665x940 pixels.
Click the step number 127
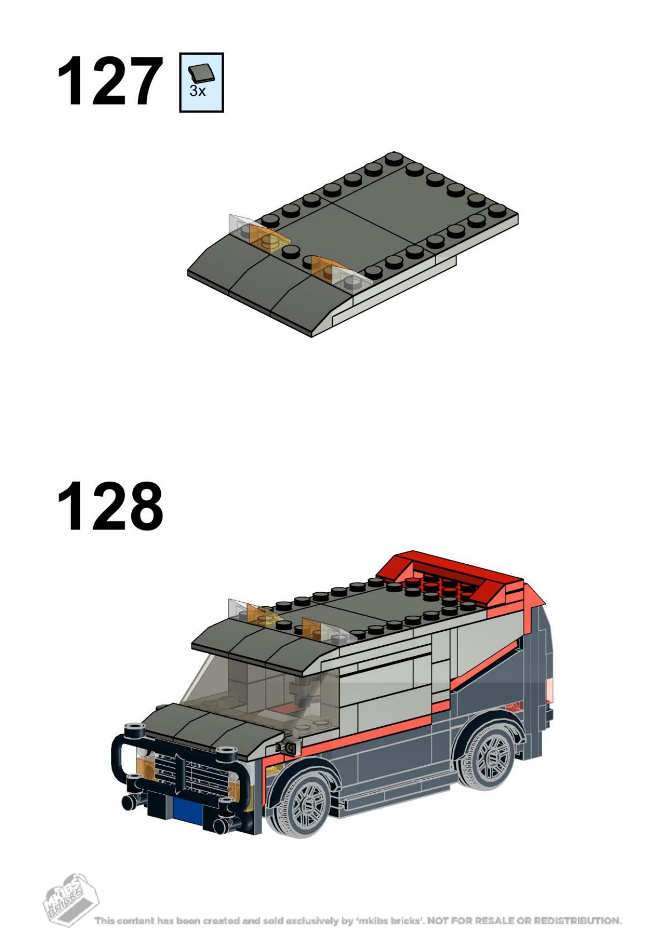(110, 82)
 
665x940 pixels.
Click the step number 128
(110, 505)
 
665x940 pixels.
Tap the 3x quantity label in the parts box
(197, 91)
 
